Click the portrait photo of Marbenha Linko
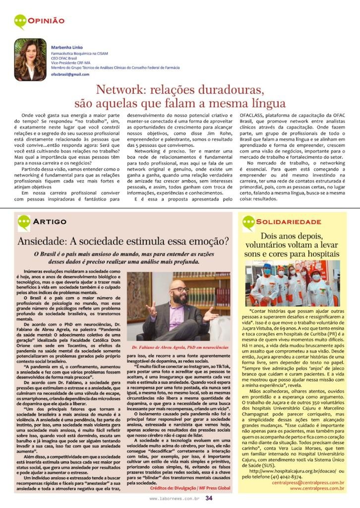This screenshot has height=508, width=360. tap(30, 59)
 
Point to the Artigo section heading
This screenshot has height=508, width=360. tap(49, 222)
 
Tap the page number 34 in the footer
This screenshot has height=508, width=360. tap(209, 499)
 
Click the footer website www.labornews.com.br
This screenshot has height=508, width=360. tap(175, 499)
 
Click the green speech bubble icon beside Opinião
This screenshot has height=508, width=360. tap(20, 21)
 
